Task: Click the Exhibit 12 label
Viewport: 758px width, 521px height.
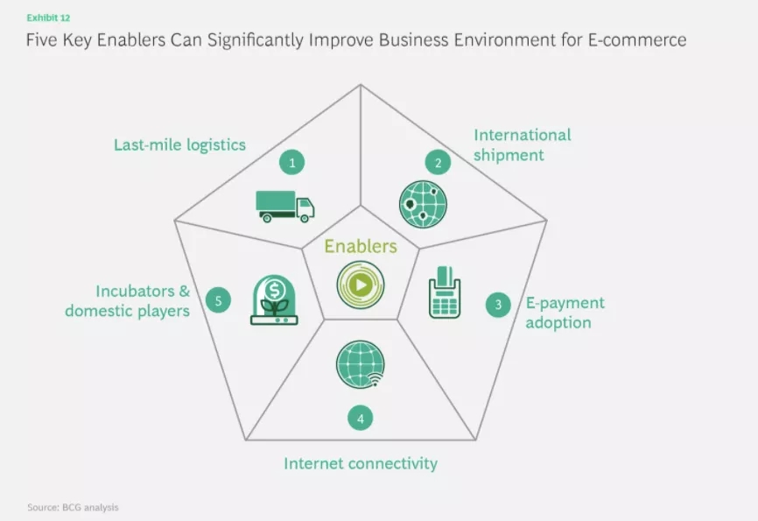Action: click(x=48, y=18)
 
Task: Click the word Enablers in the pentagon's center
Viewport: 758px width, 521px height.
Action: click(x=361, y=246)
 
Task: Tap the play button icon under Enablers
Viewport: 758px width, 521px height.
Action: click(x=361, y=285)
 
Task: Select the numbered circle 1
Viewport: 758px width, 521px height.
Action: click(x=292, y=163)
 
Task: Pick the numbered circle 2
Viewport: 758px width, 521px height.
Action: click(x=438, y=163)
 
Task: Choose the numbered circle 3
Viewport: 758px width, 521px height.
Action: click(x=498, y=305)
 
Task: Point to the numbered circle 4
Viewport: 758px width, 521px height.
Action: click(x=360, y=418)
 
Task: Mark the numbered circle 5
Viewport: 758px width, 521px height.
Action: click(x=218, y=300)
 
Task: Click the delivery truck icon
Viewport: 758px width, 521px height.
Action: click(x=285, y=207)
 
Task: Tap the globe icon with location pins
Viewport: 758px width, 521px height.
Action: click(x=423, y=204)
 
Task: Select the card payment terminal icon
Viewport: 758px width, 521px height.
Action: click(x=445, y=292)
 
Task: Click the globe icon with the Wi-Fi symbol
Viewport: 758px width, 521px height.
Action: click(x=361, y=364)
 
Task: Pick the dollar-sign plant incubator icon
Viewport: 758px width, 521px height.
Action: click(x=274, y=300)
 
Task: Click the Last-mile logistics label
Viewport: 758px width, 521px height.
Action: click(x=179, y=144)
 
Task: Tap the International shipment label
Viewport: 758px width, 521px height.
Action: click(x=522, y=144)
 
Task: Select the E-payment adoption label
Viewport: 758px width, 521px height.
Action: click(x=565, y=313)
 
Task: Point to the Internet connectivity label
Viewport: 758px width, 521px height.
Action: click(x=361, y=463)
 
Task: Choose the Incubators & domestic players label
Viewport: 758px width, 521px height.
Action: click(x=128, y=301)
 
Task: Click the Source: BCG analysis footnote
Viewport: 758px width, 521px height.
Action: click(x=73, y=508)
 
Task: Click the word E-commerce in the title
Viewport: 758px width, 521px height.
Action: click(x=637, y=39)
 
